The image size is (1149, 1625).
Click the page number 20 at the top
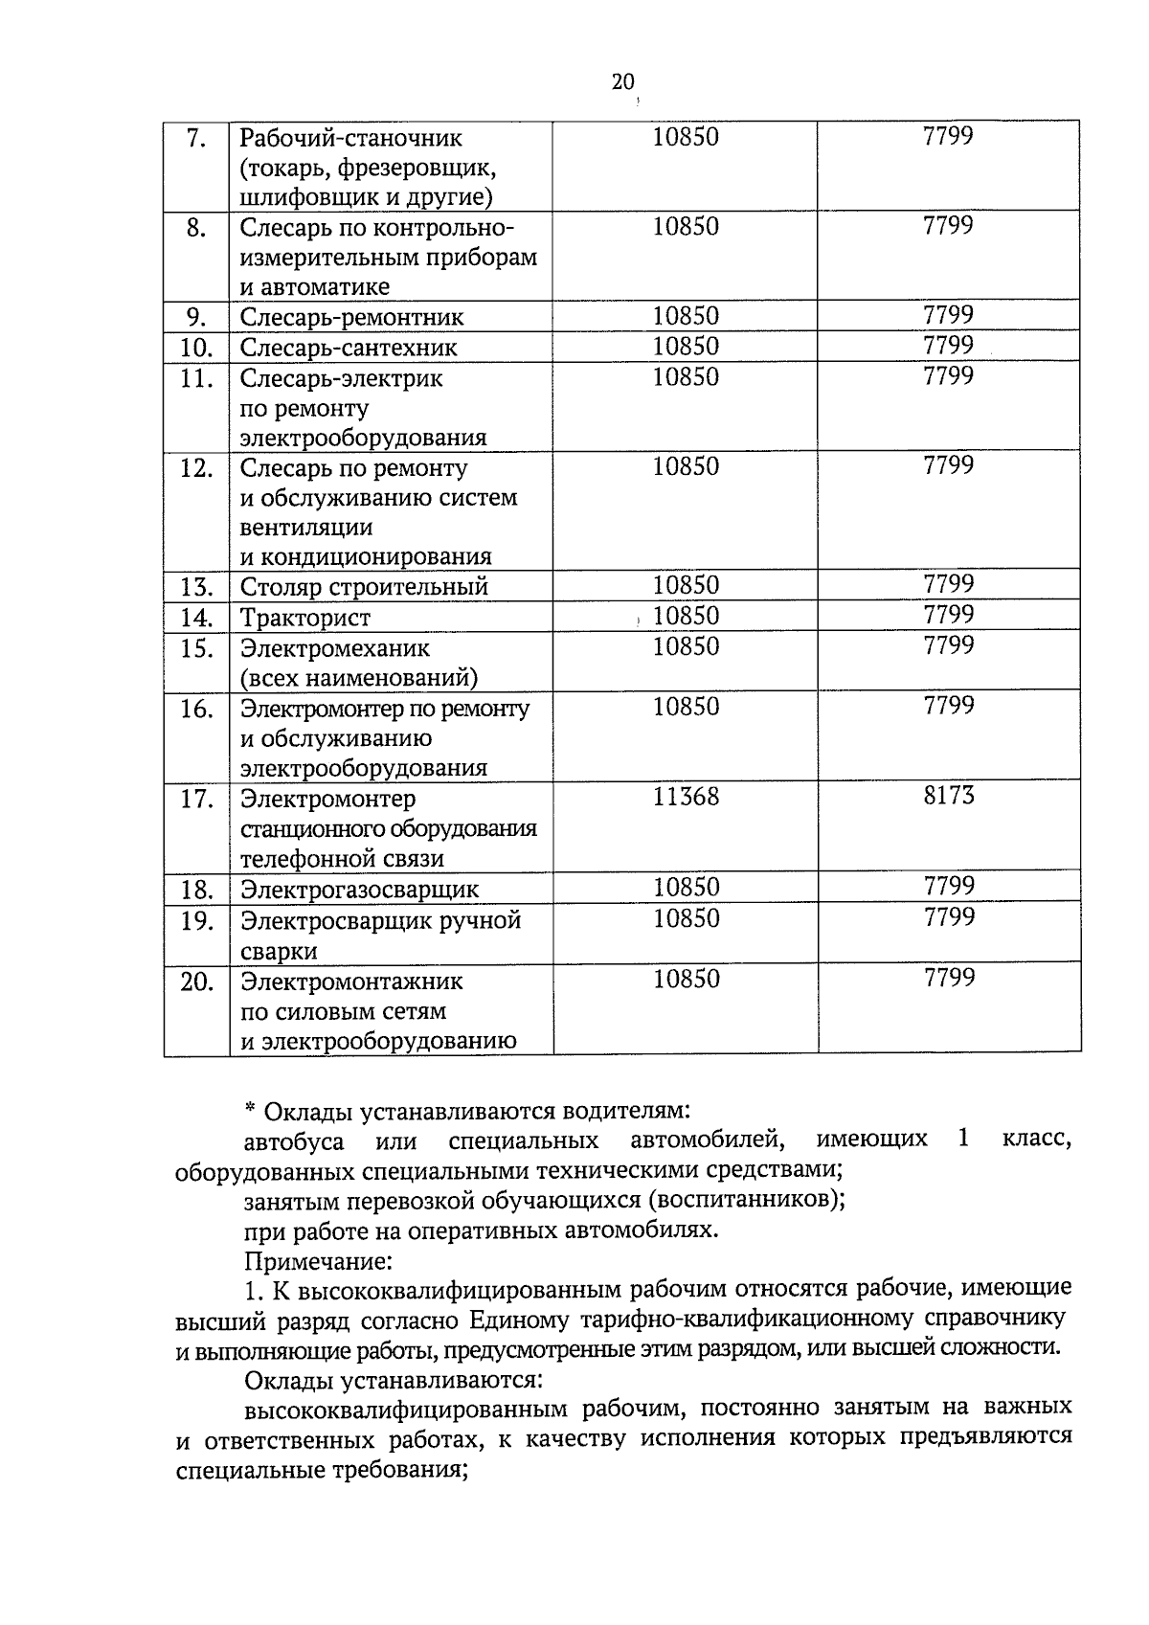click(622, 82)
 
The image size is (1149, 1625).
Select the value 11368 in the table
click(686, 797)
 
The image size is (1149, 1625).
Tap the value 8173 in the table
click(948, 795)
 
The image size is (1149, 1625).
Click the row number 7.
click(195, 139)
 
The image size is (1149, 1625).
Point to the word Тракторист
click(304, 618)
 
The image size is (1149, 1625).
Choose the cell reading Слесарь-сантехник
click(349, 348)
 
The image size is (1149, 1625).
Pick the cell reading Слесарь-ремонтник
click(351, 317)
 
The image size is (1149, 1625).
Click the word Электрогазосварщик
click(359, 890)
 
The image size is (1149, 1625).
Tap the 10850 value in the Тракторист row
click(686, 616)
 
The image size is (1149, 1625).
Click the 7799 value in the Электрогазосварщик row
click(948, 886)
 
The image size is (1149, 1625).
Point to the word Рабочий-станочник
click(350, 139)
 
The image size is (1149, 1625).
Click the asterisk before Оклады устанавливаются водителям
click(250, 1111)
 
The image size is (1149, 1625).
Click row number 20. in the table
click(195, 982)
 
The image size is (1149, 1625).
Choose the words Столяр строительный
click(364, 587)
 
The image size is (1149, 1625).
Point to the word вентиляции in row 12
click(306, 528)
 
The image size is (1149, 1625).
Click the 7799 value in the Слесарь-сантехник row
click(948, 346)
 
